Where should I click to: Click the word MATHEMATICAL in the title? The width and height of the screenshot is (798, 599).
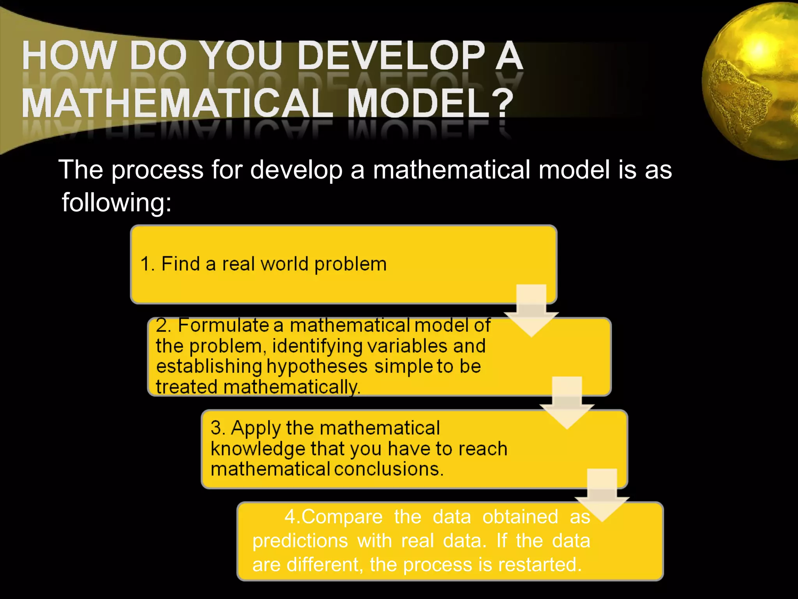[x=177, y=103]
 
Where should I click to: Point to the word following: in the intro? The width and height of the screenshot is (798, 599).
[x=117, y=202]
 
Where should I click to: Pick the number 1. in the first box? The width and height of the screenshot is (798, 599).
[x=148, y=264]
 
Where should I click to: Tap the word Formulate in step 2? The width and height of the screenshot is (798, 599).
[x=224, y=325]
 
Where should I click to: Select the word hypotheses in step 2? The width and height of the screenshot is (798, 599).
[x=317, y=367]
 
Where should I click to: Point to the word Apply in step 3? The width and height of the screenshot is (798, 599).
[x=256, y=428]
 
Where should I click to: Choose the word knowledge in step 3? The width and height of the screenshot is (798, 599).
[x=258, y=449]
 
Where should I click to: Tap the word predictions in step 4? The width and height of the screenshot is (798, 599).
[x=300, y=541]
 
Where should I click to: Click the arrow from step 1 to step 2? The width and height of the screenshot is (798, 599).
[x=531, y=312]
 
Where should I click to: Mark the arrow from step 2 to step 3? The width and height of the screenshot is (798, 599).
[x=567, y=404]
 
